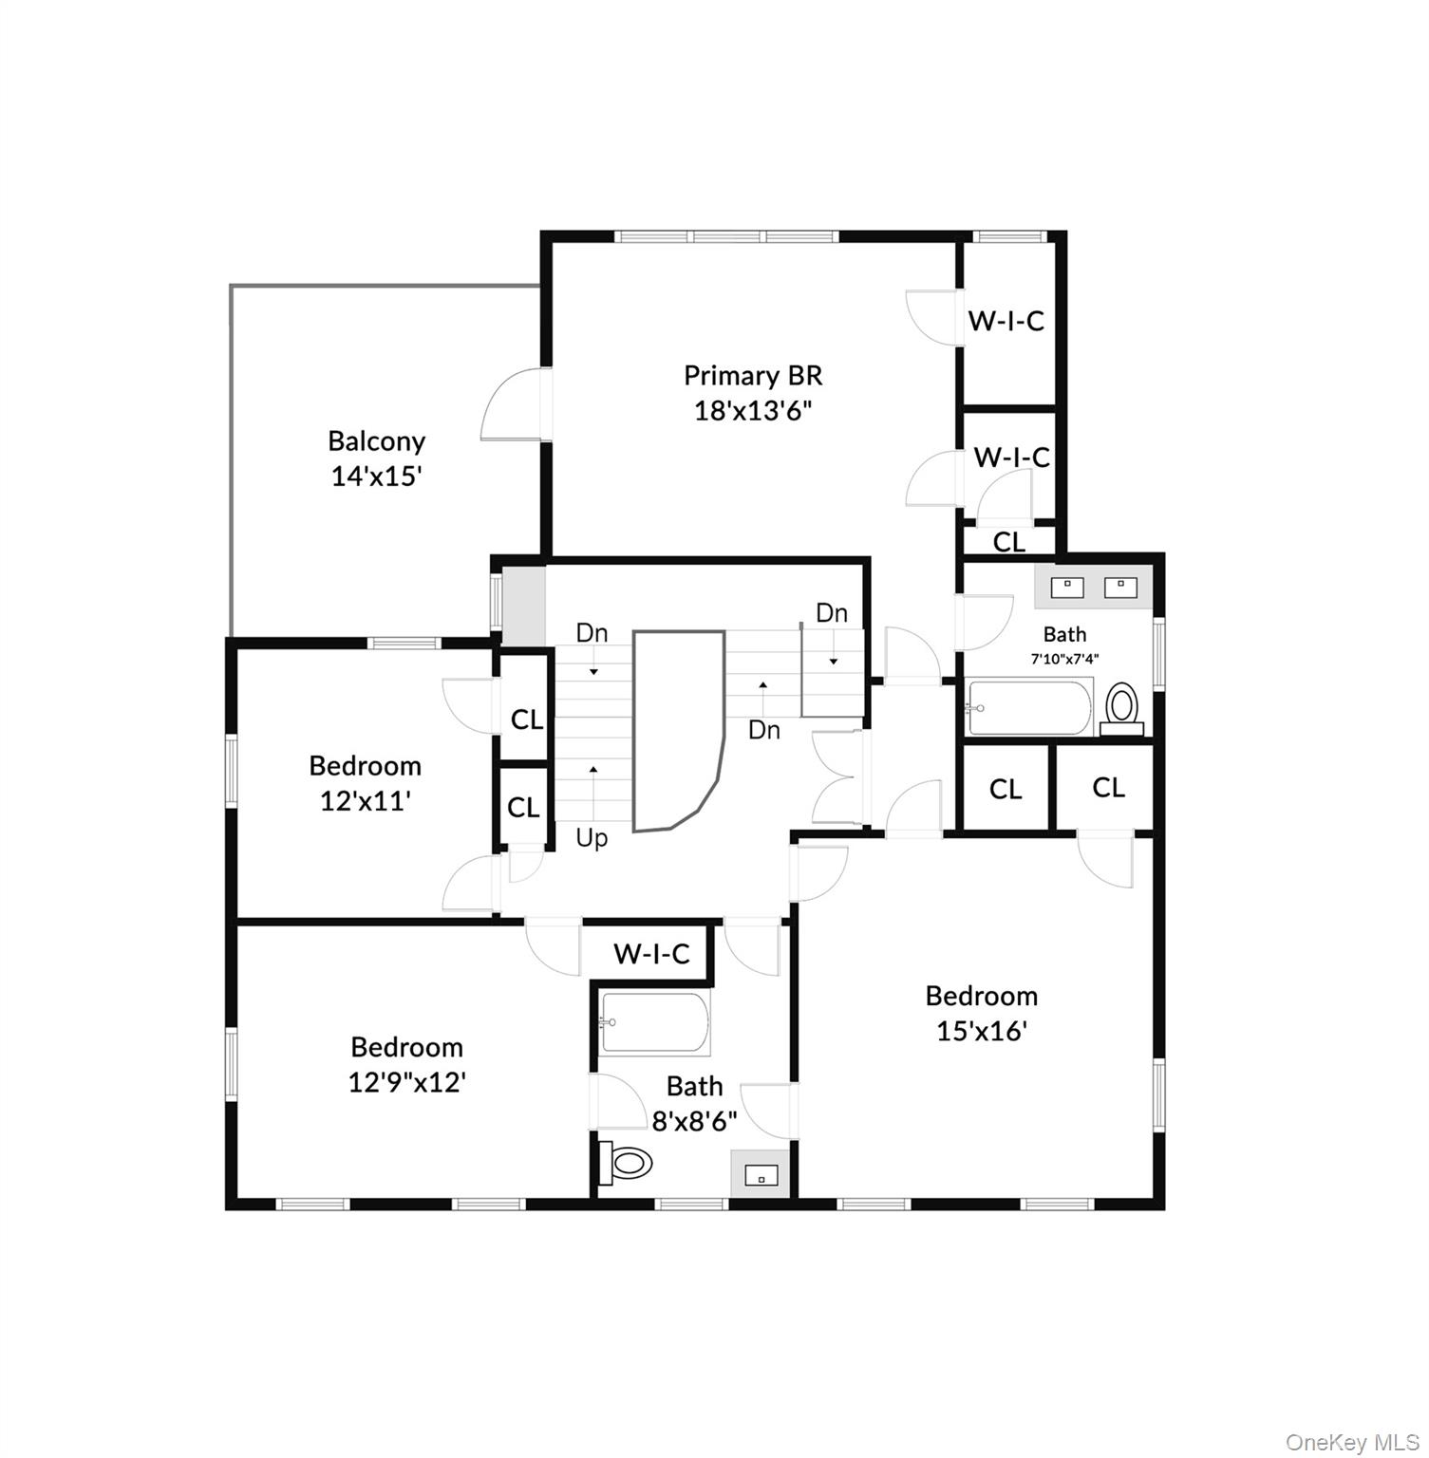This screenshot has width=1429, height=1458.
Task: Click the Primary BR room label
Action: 753,376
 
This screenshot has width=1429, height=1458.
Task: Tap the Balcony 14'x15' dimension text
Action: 376,477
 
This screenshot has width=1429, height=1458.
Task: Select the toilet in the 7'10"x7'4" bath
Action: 1122,708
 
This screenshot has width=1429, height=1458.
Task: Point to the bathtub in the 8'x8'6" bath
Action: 655,1023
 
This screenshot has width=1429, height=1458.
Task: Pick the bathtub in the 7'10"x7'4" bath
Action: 1029,707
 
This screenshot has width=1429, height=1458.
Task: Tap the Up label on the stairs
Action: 592,838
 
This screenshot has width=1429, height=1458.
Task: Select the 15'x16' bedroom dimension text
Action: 982,1031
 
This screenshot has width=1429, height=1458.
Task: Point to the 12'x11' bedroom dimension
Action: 366,801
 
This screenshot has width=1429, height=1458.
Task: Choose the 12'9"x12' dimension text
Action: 406,1082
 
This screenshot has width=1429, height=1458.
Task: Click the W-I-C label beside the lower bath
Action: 651,953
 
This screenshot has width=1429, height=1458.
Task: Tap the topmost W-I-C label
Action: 1006,321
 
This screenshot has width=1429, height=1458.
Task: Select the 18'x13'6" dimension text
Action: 753,412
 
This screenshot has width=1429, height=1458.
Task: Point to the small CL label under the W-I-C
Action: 1009,542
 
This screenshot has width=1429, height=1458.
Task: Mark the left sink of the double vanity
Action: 1069,588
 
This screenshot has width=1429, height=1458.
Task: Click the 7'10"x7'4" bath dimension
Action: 1065,658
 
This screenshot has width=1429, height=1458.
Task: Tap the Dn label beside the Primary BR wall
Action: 832,613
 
